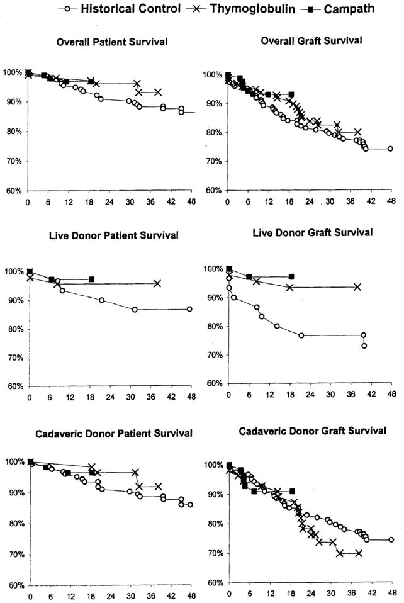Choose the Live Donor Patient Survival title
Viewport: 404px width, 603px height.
(104, 235)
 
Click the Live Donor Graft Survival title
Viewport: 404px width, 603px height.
(312, 232)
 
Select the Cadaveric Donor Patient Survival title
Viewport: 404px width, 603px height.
(105, 434)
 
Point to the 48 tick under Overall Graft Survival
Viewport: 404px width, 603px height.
(391, 202)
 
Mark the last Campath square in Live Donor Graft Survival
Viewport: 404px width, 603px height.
(291, 276)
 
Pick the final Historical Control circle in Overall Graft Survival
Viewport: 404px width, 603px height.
(390, 149)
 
